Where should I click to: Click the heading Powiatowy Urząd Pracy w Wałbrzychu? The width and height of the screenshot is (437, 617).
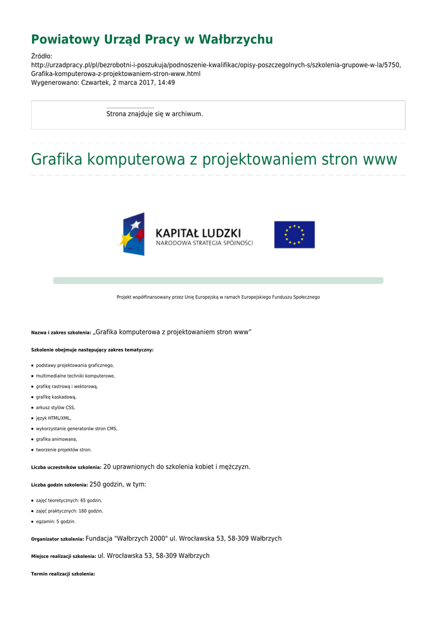pos(152,40)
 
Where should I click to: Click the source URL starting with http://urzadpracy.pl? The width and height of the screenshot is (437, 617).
pos(216,65)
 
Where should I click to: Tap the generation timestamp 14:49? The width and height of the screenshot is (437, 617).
pos(166,83)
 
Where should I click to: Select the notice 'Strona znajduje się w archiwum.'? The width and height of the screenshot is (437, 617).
pos(154,114)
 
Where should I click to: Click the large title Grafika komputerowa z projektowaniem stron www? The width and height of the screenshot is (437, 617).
pos(214,160)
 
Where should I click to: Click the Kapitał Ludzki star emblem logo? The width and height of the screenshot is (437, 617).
pos(132,234)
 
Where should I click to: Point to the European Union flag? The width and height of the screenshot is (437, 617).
pos(294,234)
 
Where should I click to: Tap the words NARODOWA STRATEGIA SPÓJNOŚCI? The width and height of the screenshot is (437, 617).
pos(204,243)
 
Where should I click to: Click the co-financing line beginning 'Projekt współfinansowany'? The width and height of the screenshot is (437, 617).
pos(218,297)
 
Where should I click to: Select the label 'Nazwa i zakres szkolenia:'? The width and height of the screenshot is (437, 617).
pos(61,333)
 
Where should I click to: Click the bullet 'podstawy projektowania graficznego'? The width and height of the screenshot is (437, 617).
pos(75,365)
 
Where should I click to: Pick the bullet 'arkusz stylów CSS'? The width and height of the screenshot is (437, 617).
pos(55,407)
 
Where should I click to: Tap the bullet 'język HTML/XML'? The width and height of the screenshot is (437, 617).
pos(54,418)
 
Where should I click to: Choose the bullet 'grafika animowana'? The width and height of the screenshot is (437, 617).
pos(57,439)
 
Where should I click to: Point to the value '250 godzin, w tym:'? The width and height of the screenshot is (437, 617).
pos(118,484)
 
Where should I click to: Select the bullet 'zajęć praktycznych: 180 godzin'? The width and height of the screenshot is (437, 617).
pos(69,511)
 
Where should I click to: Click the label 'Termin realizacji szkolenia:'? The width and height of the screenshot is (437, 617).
pos(63,574)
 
